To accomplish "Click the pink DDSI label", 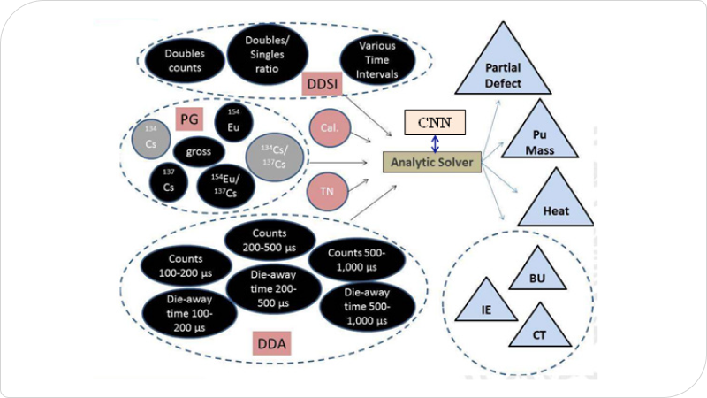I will (320, 85).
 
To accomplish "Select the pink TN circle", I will (325, 190).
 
